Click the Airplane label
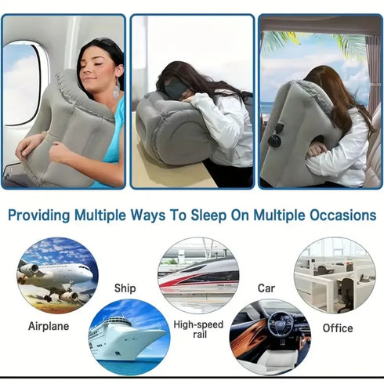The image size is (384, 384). (x=49, y=325)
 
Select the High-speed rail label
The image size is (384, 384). (x=198, y=330)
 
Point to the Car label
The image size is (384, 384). (x=266, y=288)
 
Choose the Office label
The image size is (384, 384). (x=337, y=328)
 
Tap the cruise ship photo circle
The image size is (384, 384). (x=129, y=337)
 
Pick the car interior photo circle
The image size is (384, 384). (x=270, y=337)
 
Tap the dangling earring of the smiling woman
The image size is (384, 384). (x=116, y=90)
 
